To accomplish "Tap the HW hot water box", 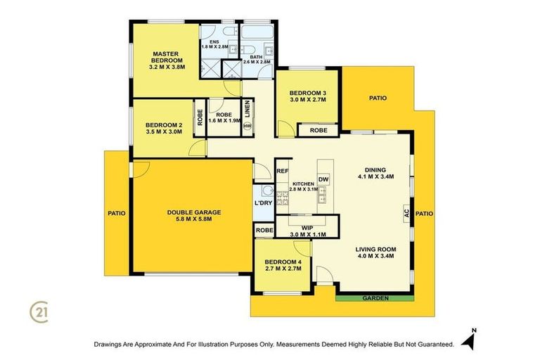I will (247, 126).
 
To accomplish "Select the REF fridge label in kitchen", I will (283, 171).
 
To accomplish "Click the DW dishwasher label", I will (323, 180).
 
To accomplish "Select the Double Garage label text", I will (194, 212).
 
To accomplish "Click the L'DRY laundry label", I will (263, 203).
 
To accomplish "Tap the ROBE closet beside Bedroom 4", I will (264, 230).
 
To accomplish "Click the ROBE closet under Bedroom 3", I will (318, 130).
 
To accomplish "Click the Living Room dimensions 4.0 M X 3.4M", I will (375, 256).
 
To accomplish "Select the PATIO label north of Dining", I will (378, 98).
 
